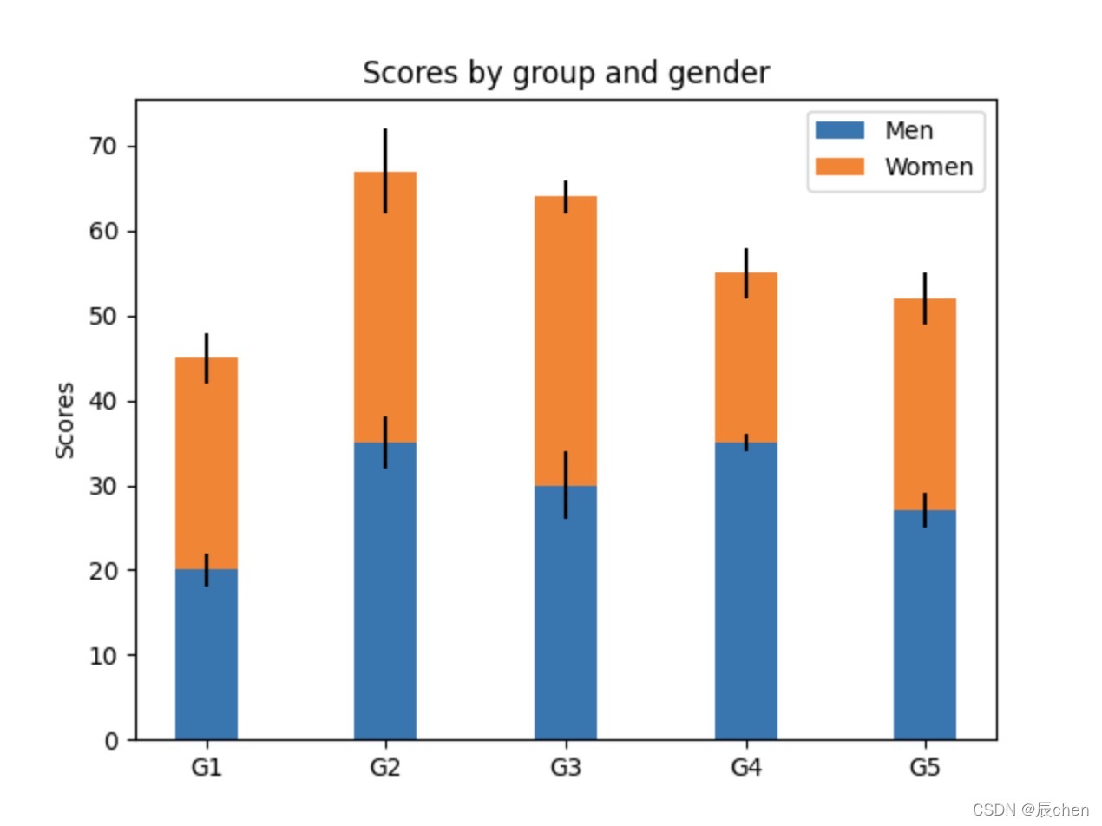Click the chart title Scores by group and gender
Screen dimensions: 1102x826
click(566, 73)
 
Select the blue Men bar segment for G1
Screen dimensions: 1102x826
click(207, 654)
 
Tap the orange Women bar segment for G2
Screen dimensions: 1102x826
click(385, 306)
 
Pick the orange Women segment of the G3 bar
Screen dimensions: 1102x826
click(565, 341)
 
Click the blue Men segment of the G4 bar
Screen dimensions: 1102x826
click(746, 591)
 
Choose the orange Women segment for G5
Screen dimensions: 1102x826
click(925, 404)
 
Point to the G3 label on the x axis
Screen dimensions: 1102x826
click(565, 767)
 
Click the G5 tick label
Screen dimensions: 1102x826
click(925, 767)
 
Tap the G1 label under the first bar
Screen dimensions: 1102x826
click(207, 767)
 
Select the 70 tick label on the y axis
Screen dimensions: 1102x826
click(103, 147)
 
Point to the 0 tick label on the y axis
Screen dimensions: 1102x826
click(111, 741)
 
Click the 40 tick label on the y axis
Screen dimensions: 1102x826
click(103, 401)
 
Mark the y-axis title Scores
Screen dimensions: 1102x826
click(65, 420)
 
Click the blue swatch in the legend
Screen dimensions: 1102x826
click(839, 130)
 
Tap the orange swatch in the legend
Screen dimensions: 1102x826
click(839, 167)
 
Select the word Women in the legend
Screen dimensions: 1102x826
click(928, 167)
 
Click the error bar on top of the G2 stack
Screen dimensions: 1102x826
click(385, 171)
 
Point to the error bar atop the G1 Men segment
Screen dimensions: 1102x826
click(207, 569)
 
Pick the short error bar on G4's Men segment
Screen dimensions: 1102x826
click(746, 442)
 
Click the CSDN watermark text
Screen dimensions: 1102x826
click(1030, 810)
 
